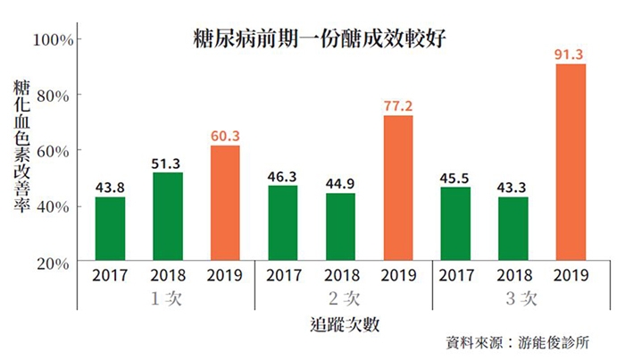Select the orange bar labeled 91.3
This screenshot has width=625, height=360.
tap(571, 163)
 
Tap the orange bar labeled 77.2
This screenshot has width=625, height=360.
tap(397, 188)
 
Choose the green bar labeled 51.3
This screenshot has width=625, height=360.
tap(168, 217)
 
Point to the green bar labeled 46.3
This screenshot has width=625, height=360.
tap(283, 223)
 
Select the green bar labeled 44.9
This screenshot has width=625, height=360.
tap(340, 227)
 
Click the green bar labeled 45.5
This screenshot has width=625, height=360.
tap(455, 224)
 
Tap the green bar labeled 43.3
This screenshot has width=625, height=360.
tap(512, 229)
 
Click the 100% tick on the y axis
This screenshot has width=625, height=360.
tap(58, 39)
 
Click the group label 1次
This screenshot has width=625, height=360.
tap(167, 299)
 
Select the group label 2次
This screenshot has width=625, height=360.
tap(340, 299)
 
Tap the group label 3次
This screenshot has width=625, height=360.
tap(513, 299)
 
